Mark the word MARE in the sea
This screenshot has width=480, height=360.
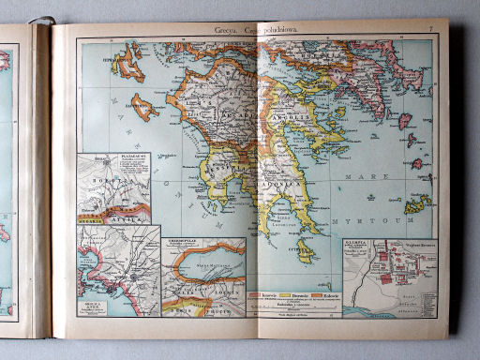[379, 174]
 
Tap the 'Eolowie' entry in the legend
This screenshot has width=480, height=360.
[324, 294]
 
